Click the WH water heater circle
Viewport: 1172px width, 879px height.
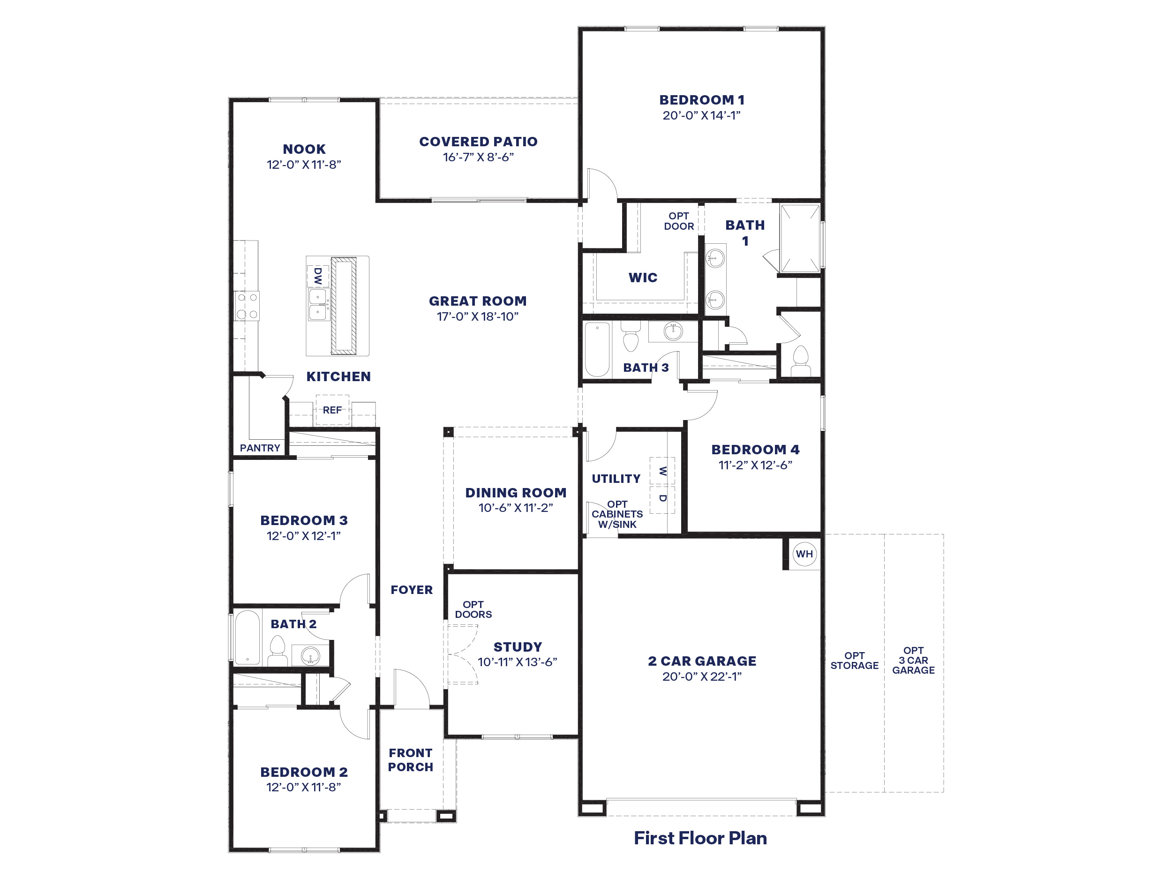pos(804,554)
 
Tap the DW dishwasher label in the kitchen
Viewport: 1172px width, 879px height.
pos(318,276)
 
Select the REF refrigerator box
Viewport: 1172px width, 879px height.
pos(332,410)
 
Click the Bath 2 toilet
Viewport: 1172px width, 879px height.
pos(277,650)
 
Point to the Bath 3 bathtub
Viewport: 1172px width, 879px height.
pos(597,349)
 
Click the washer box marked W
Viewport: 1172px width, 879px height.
pos(662,471)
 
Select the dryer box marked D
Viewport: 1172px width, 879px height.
pos(662,499)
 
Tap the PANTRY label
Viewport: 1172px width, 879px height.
pos(260,448)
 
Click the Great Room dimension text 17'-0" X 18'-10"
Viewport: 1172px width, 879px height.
pos(477,316)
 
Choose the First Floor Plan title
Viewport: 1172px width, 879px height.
pos(700,838)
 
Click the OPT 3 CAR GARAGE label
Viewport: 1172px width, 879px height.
pos(913,660)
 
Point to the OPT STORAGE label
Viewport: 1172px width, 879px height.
pos(854,660)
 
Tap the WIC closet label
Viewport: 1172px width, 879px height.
pos(643,277)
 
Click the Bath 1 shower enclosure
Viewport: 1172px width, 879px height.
pos(800,238)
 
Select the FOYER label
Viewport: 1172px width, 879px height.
pos(412,590)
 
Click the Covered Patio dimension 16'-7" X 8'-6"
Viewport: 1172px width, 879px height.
pos(479,157)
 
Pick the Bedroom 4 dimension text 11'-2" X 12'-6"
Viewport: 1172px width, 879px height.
pos(755,465)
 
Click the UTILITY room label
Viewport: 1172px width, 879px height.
pos(616,479)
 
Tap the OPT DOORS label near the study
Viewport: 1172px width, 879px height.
pos(473,609)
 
